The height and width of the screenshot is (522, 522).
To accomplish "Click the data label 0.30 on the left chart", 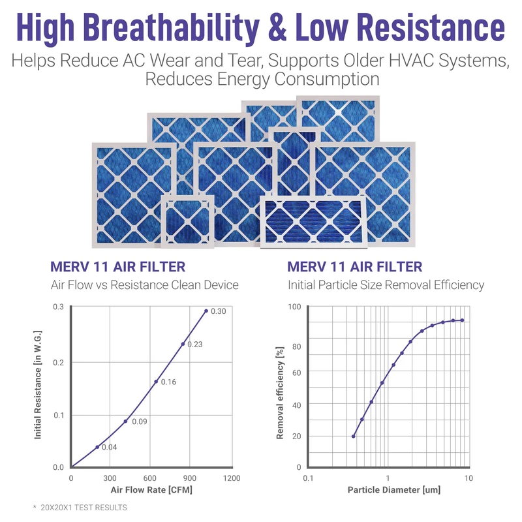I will click(x=219, y=311).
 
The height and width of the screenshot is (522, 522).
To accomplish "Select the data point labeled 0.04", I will click(x=97, y=447).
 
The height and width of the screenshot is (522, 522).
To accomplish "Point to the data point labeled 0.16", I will click(x=156, y=382).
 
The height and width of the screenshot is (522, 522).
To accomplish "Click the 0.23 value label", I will click(x=195, y=344).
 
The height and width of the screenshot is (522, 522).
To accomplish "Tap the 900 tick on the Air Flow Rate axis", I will click(x=190, y=478).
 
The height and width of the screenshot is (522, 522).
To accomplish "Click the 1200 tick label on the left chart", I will click(x=231, y=478).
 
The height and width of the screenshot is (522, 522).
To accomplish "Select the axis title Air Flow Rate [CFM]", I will click(x=151, y=489).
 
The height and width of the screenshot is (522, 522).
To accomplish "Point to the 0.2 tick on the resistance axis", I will click(x=59, y=362).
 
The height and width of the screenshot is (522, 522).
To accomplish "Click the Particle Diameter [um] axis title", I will click(x=388, y=489).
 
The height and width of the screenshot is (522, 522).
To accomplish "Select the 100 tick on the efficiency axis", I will click(x=294, y=307).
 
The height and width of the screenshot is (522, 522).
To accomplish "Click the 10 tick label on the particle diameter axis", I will click(x=468, y=478).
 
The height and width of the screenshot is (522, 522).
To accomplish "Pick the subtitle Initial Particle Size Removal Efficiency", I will click(x=386, y=285).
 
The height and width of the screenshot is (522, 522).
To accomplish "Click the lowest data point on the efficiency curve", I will click(x=354, y=436).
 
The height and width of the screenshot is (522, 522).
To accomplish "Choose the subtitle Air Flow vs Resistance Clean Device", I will click(x=144, y=285).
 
